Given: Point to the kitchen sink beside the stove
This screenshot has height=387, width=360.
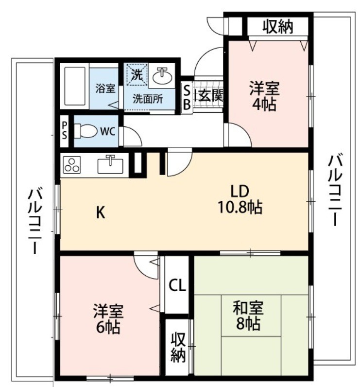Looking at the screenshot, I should tap(113, 164).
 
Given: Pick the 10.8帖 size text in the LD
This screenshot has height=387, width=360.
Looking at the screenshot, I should tap(240, 208).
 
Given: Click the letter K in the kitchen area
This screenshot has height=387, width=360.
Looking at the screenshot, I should tap(100, 212).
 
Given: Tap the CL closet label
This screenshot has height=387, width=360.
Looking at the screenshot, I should tap(177, 285).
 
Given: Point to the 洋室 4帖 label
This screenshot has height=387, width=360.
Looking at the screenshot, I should tap(265, 96).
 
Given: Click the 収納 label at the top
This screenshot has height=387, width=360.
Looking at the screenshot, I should tap(278, 27).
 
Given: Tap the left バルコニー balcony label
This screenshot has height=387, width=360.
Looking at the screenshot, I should tap(34, 220).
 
